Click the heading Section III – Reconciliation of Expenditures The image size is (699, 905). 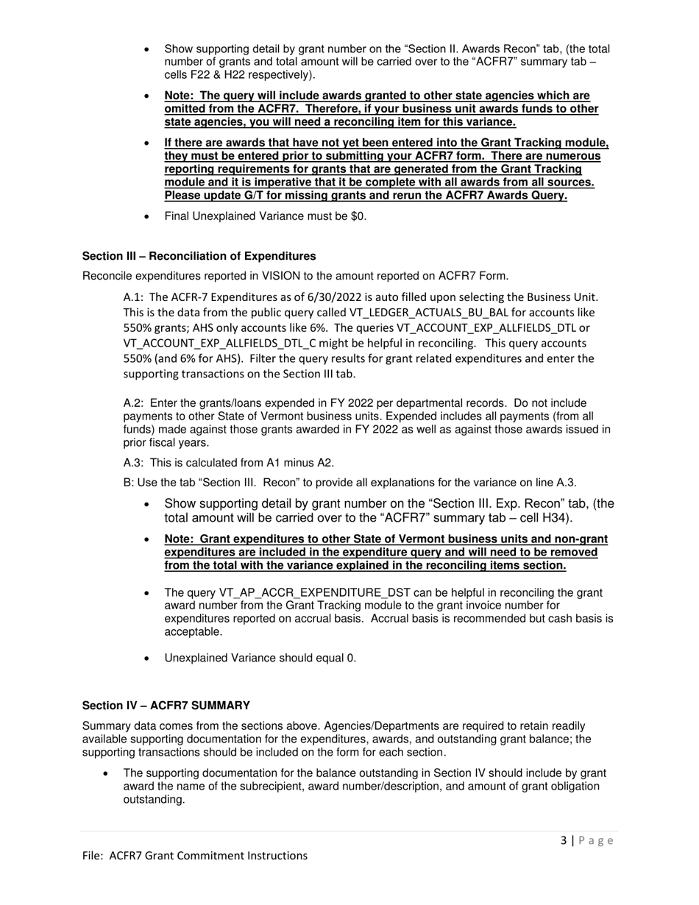tap(199, 256)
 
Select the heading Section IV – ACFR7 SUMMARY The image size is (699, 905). tap(166, 705)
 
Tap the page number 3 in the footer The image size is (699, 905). tap(563, 840)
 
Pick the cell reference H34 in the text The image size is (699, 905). tap(555, 518)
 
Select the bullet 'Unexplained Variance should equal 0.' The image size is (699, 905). tap(260, 658)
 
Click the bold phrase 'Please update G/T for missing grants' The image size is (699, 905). tap(264, 196)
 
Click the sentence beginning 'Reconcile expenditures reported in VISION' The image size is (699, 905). tap(295, 276)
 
